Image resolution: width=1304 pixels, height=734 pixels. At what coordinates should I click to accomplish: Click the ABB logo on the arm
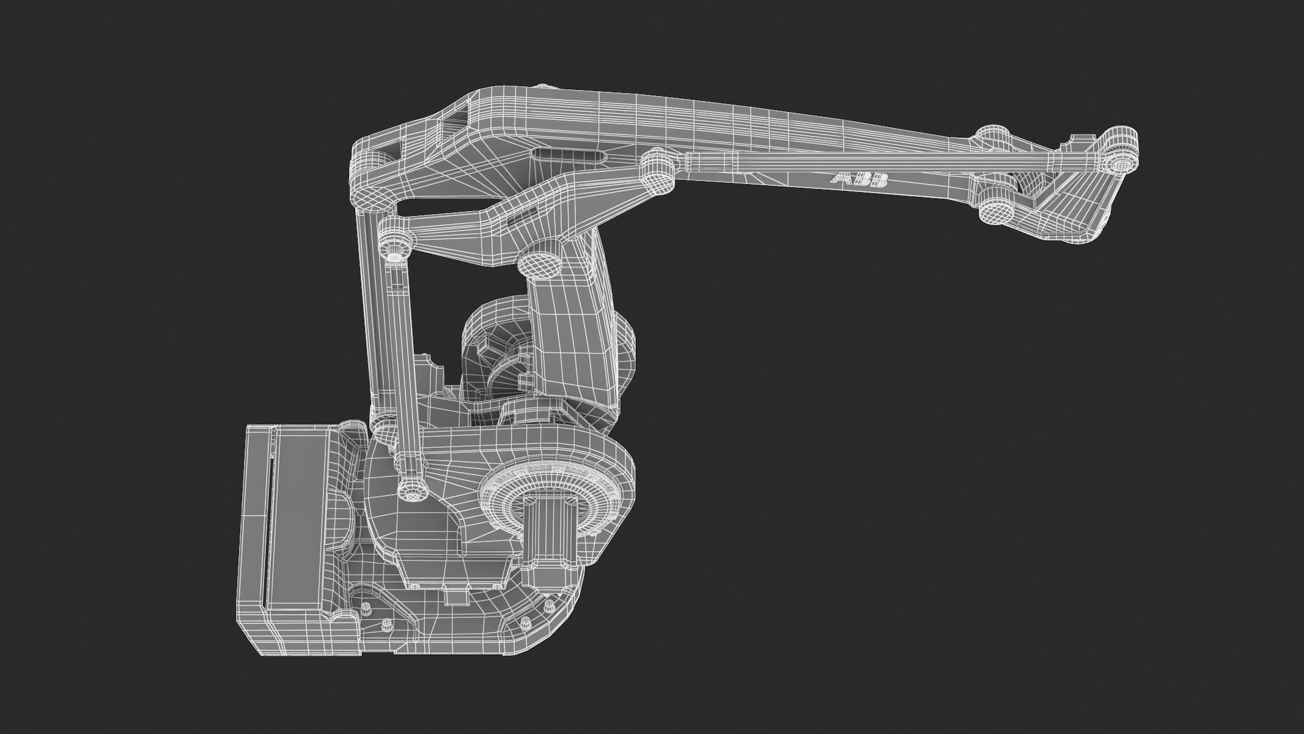[859, 180]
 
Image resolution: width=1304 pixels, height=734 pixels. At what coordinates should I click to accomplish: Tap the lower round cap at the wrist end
[996, 208]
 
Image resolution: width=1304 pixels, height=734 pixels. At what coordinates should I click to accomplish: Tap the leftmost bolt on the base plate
[366, 609]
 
